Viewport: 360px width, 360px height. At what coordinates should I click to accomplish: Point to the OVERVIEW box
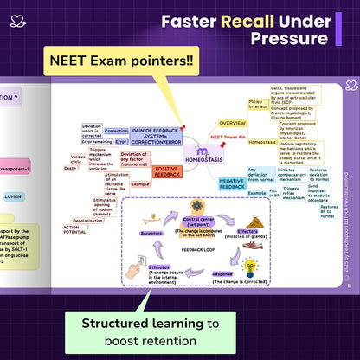click(x=232, y=123)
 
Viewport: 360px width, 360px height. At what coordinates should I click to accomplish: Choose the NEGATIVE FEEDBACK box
click(x=231, y=182)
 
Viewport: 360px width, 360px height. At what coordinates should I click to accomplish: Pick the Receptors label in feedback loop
click(x=152, y=234)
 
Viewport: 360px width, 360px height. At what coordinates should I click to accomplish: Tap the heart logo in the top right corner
click(x=349, y=86)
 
